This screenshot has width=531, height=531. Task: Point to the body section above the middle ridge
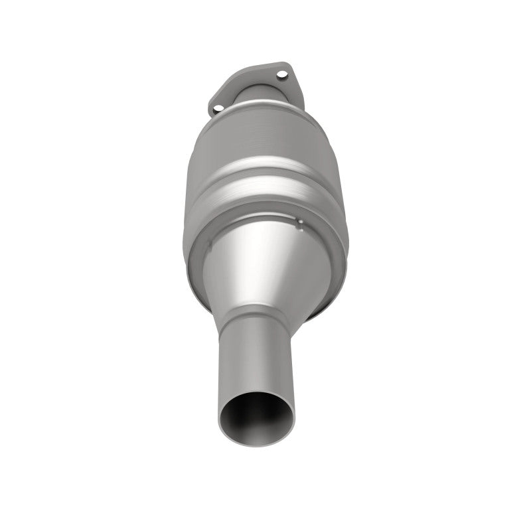pyautogui.click(x=262, y=143)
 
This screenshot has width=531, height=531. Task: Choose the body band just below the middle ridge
pyautogui.click(x=262, y=199)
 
